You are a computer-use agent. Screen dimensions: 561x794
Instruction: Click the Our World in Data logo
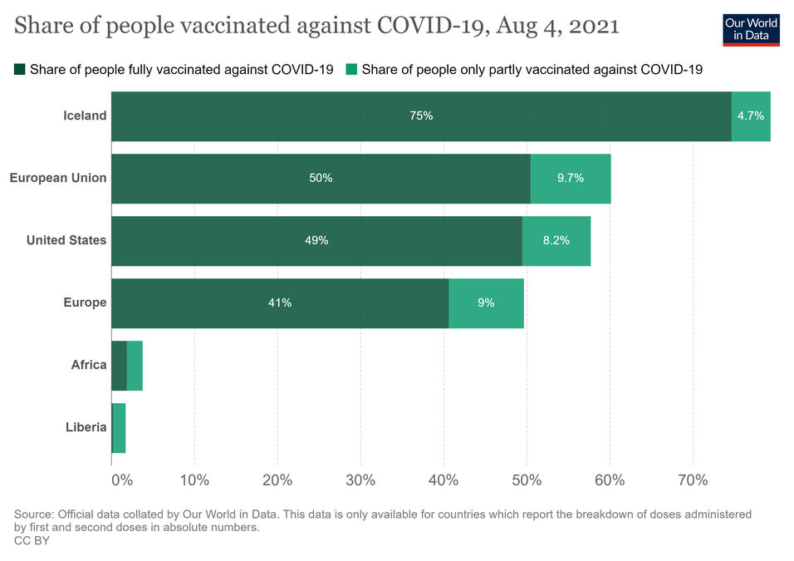click(751, 29)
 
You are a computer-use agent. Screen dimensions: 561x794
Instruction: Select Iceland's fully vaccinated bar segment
click(421, 116)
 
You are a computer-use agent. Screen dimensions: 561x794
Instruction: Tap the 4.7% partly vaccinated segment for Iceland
click(751, 116)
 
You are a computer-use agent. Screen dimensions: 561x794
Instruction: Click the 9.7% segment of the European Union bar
click(570, 179)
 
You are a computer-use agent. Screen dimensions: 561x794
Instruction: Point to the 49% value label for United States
click(316, 241)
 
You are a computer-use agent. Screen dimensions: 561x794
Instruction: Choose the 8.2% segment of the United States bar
click(556, 241)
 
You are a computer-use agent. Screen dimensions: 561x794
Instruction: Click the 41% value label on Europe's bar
click(280, 303)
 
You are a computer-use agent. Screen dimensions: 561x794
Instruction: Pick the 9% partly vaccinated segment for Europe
click(486, 303)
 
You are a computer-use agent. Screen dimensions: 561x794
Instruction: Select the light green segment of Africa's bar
click(135, 366)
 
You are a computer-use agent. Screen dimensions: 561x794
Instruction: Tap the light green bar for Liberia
click(119, 428)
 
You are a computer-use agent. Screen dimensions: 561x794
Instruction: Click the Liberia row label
click(86, 428)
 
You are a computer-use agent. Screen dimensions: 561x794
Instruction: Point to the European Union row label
click(58, 178)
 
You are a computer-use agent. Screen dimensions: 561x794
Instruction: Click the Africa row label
click(89, 365)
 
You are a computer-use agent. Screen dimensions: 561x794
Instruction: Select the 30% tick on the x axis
click(360, 480)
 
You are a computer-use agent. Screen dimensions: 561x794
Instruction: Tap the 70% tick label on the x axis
click(693, 480)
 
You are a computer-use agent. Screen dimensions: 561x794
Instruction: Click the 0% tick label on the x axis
click(121, 480)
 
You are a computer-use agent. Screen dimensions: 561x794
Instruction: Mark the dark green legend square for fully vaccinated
click(20, 70)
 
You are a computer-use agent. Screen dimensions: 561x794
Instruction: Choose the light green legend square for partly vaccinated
click(352, 70)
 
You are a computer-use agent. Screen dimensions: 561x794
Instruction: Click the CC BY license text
click(32, 540)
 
